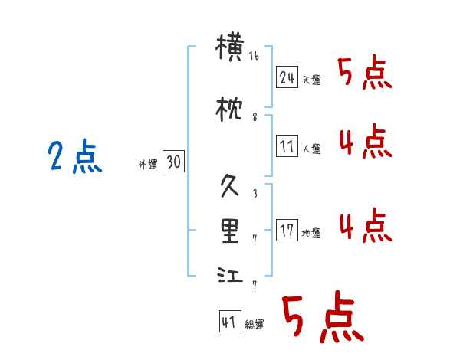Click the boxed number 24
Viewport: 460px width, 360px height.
pos(287,77)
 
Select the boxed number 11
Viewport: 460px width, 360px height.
pos(287,146)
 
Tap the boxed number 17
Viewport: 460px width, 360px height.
pos(287,229)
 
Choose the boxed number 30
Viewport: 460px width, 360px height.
pos(173,162)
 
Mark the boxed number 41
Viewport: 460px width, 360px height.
pos(228,322)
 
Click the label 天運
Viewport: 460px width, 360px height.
pos(311,80)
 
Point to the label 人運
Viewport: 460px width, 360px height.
pos(311,149)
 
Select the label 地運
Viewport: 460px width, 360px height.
pos(311,232)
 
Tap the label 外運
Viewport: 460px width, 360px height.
pos(148,164)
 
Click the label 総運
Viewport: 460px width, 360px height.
pos(254,325)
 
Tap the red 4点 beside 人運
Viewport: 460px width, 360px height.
pos(365,141)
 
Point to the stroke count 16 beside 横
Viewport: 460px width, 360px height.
pos(254,56)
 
